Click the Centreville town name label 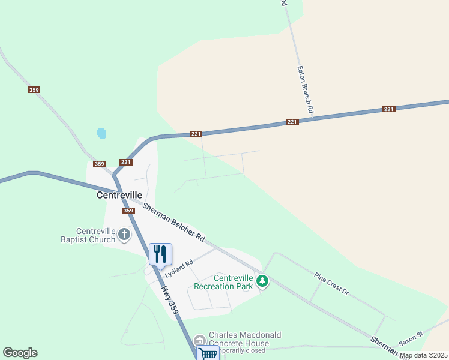click(x=119, y=195)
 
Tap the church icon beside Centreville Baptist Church click(x=124, y=234)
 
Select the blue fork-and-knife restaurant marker click(x=160, y=254)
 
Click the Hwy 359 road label click(x=170, y=299)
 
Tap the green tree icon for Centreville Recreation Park click(x=262, y=280)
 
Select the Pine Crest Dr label click(x=331, y=283)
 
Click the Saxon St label click(x=411, y=338)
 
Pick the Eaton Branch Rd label click(x=305, y=90)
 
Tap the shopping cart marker click(x=208, y=353)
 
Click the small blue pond click(x=101, y=133)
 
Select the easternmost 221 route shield click(x=389, y=109)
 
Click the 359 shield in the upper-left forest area click(x=34, y=90)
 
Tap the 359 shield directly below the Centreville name click(x=128, y=211)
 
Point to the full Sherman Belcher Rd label click(x=173, y=222)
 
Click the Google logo click(x=20, y=353)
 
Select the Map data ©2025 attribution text click(x=423, y=355)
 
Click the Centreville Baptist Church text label click(x=96, y=236)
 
